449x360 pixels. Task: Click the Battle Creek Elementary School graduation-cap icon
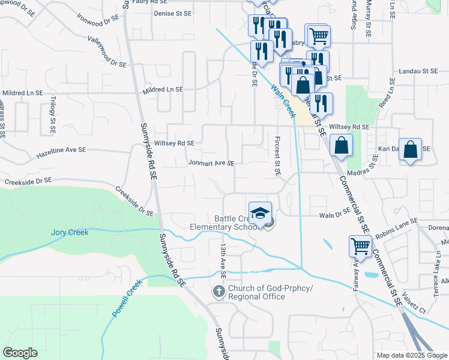261,213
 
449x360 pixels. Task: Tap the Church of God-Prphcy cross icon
219,292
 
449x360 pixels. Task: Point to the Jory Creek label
69,232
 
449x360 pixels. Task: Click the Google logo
20,353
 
